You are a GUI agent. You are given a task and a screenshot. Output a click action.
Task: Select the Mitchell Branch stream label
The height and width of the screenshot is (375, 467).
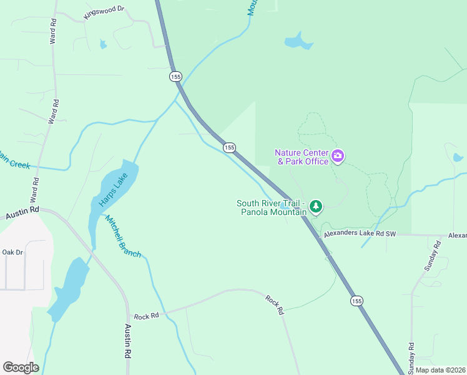coord(122,237)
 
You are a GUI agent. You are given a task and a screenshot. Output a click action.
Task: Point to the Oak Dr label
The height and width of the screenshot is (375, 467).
coord(12,252)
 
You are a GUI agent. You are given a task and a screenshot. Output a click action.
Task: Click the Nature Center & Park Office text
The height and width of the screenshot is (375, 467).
coord(303,157)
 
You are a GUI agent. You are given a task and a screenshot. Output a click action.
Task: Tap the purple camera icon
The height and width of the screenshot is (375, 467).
coord(338,156)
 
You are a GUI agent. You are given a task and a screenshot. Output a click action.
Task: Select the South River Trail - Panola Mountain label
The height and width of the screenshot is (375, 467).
coord(272,207)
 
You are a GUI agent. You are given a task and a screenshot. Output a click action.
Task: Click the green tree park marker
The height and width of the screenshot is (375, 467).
coord(316,206)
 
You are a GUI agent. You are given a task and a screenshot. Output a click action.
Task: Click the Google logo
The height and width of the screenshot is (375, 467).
coord(21,367)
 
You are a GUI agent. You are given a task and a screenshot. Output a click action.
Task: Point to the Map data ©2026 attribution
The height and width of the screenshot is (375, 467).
coord(440,370)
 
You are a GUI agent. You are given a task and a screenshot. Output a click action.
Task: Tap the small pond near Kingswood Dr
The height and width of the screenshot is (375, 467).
coord(103,44)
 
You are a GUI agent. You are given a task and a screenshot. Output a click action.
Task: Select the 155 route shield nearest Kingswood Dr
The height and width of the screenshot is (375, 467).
coord(175,76)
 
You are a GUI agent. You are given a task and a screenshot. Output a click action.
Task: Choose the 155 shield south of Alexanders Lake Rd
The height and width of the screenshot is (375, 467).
coord(356,301)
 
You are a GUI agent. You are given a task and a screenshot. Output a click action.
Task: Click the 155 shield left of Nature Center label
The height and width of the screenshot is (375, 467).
coord(229,147)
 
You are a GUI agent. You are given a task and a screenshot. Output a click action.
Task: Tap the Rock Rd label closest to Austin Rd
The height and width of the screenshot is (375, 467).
coord(147,316)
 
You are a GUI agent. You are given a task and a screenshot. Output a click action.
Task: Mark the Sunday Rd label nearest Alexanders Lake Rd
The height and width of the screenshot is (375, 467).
coord(428,256)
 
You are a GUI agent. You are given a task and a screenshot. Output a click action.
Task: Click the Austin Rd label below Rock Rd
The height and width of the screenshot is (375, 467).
coord(127,340)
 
